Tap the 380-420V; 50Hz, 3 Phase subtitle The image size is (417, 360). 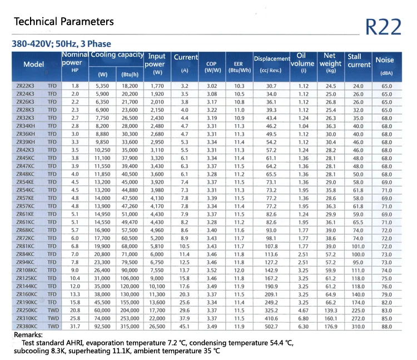(x=61, y=43)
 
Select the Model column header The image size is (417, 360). (x=34, y=65)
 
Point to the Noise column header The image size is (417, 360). (x=384, y=60)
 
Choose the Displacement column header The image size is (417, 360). (x=271, y=58)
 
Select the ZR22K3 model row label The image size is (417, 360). (x=27, y=86)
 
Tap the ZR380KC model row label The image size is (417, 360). (x=27, y=326)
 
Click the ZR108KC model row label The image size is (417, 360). (x=27, y=270)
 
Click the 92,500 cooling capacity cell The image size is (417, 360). (x=102, y=326)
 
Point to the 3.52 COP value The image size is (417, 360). (x=211, y=270)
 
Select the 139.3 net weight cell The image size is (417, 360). (x=331, y=310)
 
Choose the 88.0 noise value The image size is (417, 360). (x=386, y=326)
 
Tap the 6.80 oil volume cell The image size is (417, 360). (x=303, y=318)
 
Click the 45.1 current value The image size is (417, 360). (x=185, y=326)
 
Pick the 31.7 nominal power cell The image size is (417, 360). (x=75, y=326)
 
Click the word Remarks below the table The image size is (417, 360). (x=28, y=335)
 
